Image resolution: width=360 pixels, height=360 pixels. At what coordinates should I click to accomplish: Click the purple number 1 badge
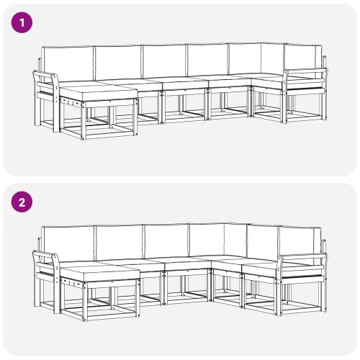click(x=22, y=22)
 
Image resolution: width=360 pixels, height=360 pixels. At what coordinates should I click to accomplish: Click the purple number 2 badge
click(x=22, y=202)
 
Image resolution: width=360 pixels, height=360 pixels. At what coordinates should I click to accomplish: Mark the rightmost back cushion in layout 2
click(x=298, y=240)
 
